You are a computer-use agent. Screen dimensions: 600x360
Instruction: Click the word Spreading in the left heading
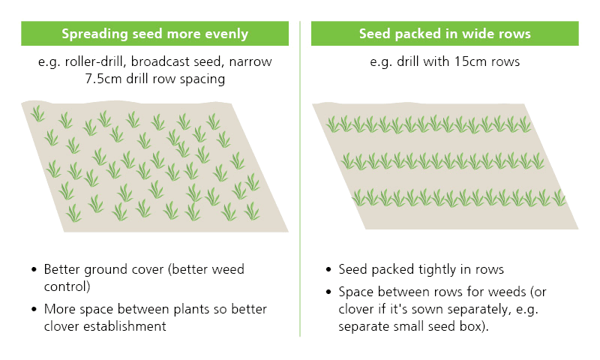94,34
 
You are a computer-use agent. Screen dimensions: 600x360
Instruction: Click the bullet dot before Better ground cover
34,270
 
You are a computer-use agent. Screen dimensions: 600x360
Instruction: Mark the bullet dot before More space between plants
34,309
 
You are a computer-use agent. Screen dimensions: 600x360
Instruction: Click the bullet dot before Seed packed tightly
328,270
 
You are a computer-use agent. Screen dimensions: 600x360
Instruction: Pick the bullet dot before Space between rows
328,292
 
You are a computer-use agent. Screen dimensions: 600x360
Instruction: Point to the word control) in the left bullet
67,286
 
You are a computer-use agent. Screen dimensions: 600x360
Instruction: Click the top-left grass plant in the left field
38,114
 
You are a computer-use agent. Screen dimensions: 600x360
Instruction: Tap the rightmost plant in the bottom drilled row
559,198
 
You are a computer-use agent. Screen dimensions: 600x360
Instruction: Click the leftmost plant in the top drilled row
333,124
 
